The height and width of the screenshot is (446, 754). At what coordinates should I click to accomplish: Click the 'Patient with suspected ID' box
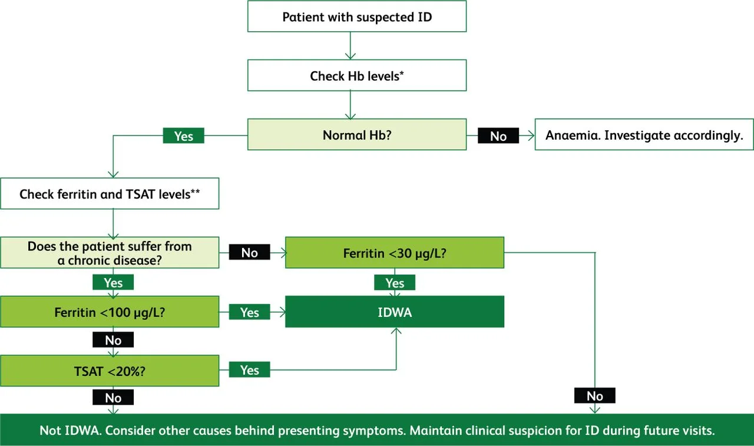[356, 16]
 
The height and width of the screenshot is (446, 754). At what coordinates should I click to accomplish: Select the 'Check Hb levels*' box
[356, 75]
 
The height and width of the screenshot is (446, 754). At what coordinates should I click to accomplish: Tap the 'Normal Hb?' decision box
[356, 135]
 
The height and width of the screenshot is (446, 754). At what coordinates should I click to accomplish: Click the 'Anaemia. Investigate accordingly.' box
[644, 135]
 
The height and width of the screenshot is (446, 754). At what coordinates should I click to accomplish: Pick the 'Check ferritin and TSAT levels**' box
[110, 194]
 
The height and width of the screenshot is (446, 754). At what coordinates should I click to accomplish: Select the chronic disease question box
[110, 253]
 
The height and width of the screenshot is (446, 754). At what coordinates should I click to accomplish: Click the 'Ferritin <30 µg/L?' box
[394, 253]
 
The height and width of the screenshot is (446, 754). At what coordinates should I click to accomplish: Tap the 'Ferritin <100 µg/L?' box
[110, 312]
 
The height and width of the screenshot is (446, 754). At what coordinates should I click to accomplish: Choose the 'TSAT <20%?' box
[110, 371]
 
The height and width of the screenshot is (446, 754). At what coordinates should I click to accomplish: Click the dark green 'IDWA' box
[394, 312]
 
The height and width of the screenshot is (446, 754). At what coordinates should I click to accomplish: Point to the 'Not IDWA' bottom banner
[377, 430]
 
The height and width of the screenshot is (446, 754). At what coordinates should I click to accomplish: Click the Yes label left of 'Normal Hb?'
[183, 136]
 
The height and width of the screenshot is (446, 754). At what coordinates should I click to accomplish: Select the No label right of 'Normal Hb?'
[498, 136]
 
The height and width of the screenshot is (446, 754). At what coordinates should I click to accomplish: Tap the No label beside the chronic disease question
[249, 253]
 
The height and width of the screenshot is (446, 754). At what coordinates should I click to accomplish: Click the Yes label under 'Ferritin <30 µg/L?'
[394, 283]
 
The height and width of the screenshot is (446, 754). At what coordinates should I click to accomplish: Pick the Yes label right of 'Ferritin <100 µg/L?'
[249, 312]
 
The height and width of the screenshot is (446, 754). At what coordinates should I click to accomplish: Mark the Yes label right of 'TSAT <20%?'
[249, 370]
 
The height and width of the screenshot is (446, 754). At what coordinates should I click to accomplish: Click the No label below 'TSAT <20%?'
[113, 398]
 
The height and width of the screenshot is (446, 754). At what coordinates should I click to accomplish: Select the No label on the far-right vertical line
[595, 396]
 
